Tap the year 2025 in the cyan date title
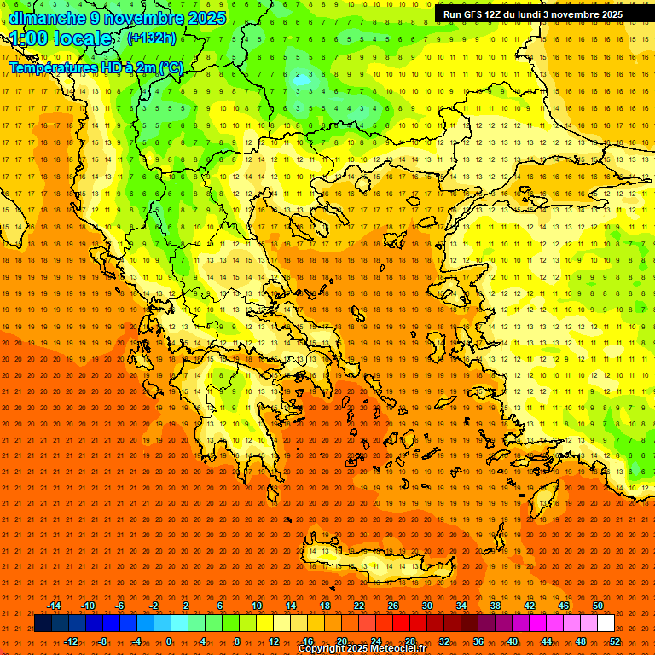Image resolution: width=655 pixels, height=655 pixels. coord(206,18)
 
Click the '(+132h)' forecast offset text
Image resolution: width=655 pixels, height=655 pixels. coord(152,38)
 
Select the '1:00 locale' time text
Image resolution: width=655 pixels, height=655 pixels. coord(61,39)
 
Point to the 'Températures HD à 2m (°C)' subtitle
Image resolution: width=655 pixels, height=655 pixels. coord(96,67)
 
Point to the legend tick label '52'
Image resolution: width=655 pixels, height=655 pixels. coord(615,641)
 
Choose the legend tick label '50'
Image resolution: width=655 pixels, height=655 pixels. coord(598,606)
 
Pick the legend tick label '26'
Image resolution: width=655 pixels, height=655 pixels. coord(393,606)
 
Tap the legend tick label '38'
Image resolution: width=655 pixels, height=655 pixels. coord(496,606)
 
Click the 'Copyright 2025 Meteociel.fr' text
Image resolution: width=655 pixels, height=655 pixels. coord(362,649)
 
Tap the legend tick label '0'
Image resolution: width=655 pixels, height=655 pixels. coord(169,641)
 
